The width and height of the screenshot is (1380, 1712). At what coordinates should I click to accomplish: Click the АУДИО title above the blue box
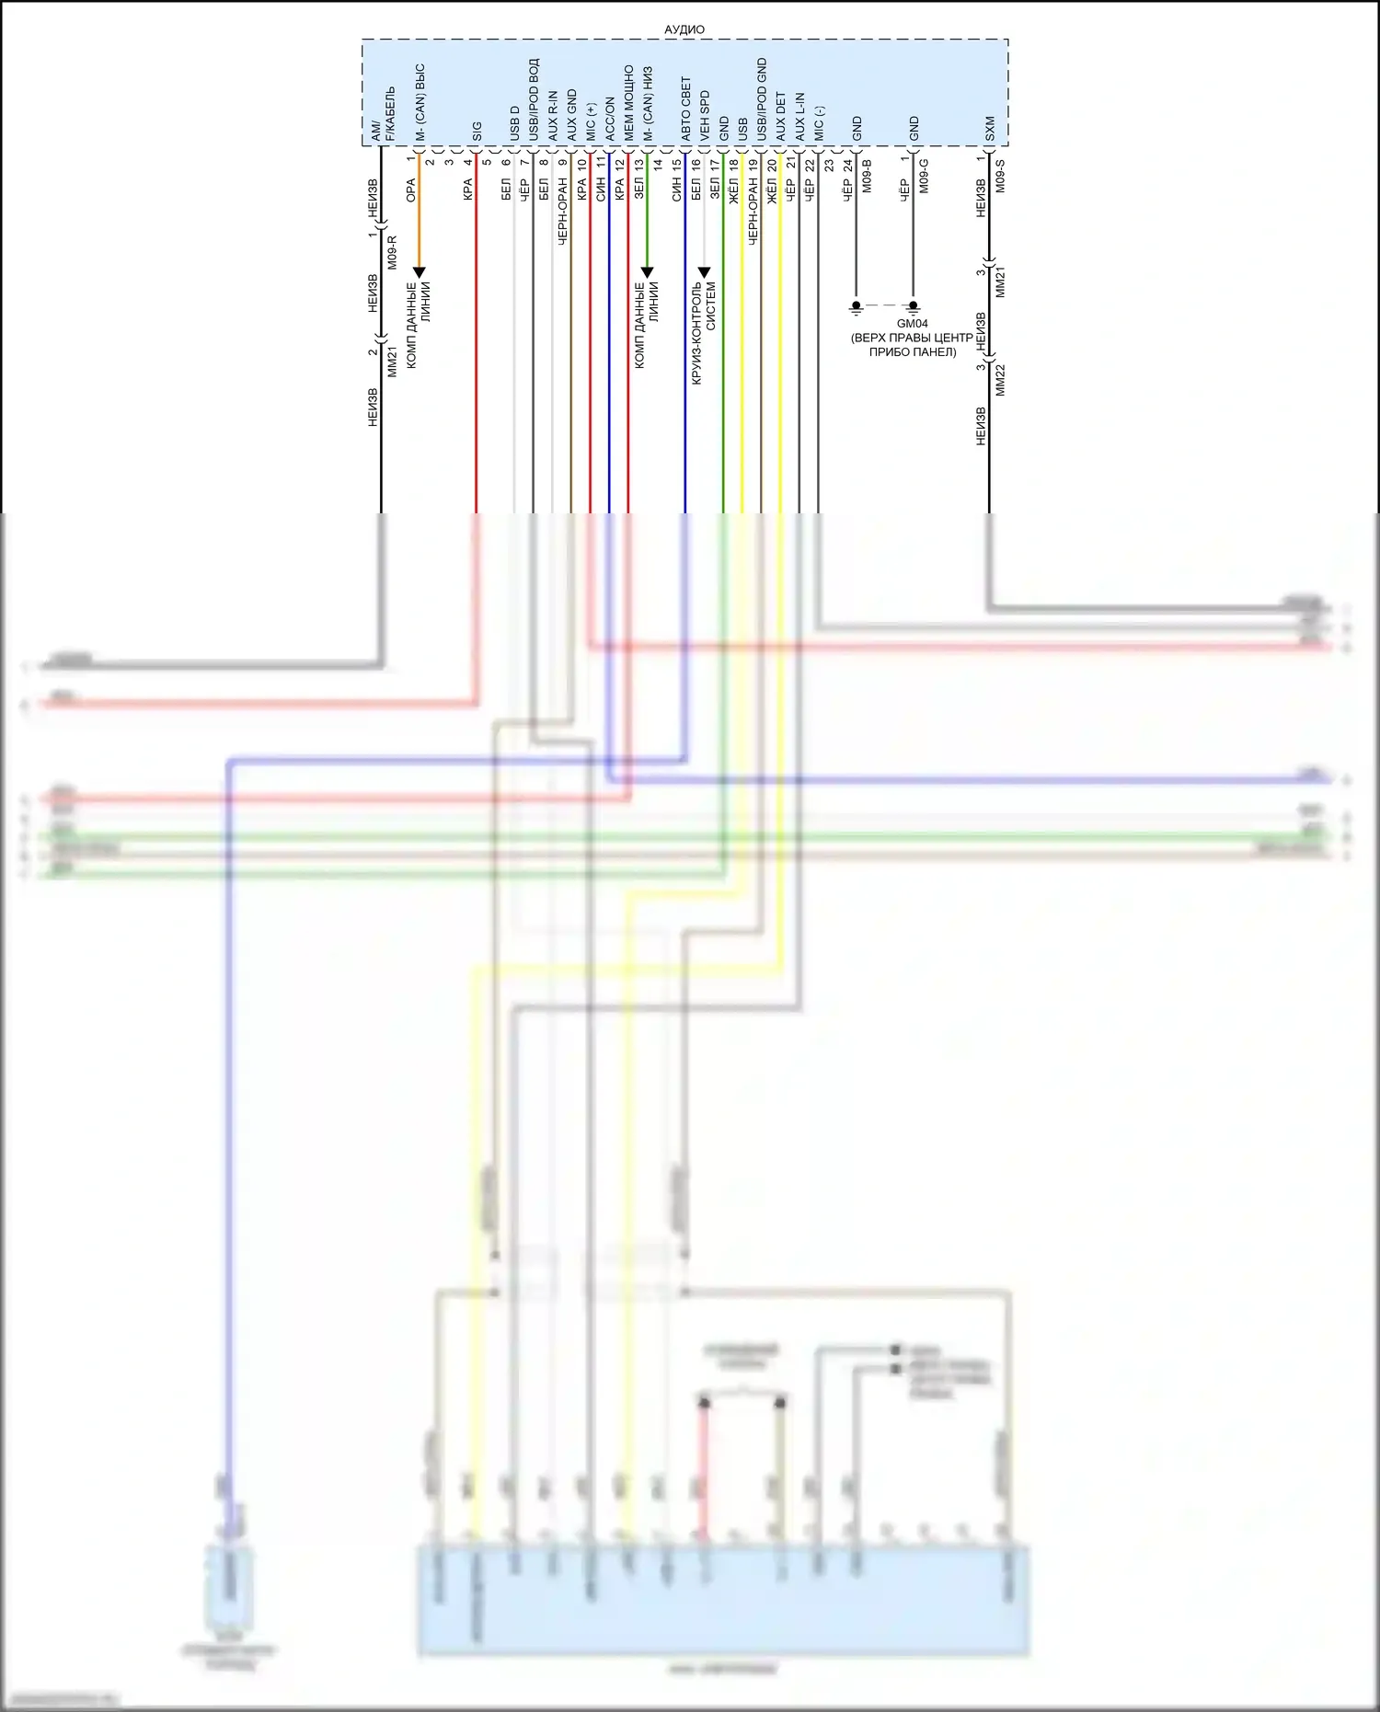684,29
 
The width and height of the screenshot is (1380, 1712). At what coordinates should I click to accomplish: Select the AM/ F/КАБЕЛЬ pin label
382,114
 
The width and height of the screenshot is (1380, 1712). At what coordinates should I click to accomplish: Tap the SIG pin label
477,131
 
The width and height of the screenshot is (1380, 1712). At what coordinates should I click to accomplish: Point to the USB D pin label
514,123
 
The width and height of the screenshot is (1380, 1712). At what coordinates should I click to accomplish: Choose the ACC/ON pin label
609,119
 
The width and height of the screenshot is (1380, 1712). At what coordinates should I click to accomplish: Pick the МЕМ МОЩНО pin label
628,102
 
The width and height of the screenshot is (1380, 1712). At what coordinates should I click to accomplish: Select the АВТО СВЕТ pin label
685,109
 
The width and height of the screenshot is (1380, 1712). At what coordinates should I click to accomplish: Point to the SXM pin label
990,128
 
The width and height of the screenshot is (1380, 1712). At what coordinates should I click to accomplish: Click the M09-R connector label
392,252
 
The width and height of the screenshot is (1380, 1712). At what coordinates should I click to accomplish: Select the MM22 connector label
1000,380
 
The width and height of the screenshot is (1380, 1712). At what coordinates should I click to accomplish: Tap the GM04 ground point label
912,324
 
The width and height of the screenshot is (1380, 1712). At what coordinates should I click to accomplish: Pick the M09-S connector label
1000,176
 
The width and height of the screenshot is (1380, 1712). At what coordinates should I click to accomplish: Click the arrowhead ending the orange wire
419,272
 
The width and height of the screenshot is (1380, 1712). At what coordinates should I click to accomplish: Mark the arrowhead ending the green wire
647,272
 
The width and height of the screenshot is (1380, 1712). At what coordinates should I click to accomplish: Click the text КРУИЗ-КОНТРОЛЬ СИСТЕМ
704,332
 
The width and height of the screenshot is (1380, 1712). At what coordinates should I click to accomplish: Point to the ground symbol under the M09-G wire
914,306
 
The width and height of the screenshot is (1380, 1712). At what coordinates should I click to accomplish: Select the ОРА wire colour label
410,190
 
